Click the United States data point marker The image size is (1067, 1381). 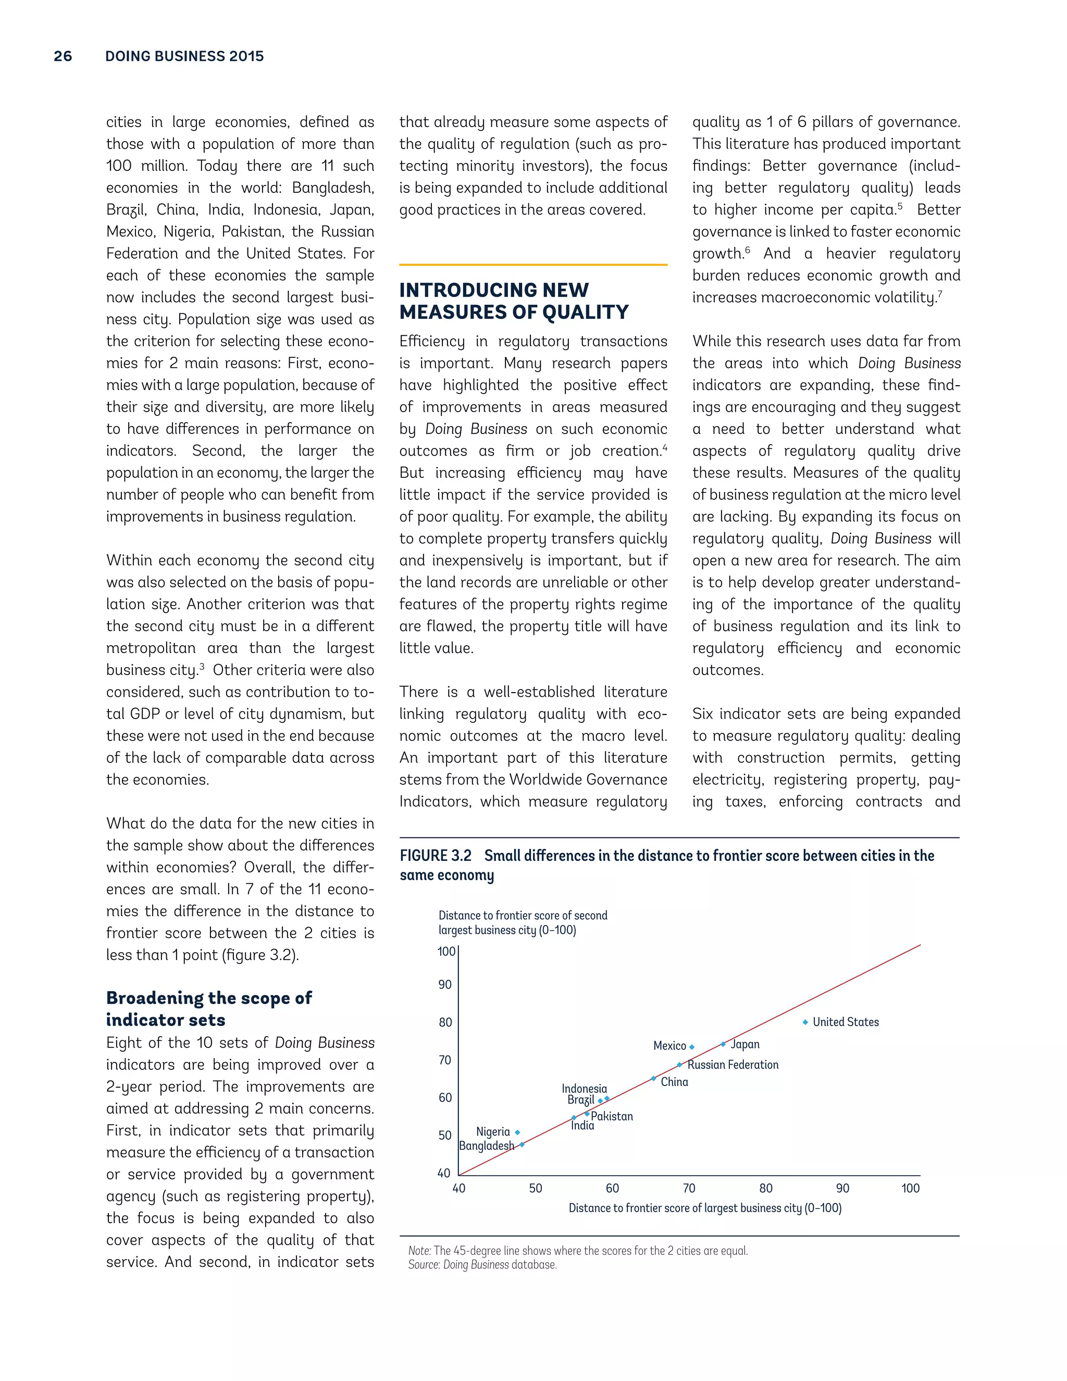click(805, 1022)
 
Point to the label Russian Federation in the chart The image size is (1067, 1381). click(733, 1065)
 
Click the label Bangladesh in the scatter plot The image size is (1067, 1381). click(486, 1146)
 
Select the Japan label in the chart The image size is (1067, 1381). click(745, 1044)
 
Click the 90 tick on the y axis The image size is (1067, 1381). click(445, 984)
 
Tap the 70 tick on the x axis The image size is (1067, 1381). click(689, 1188)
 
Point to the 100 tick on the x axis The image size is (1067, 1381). click(910, 1188)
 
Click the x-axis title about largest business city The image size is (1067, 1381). click(705, 1209)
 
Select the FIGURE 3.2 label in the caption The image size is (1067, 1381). click(436, 856)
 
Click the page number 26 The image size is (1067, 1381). click(63, 56)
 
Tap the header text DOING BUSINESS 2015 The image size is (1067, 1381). click(184, 56)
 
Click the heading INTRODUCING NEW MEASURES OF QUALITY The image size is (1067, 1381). click(513, 301)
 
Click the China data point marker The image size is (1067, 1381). click(654, 1079)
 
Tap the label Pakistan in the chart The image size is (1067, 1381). click(611, 1117)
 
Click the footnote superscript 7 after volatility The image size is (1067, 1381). click(940, 293)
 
